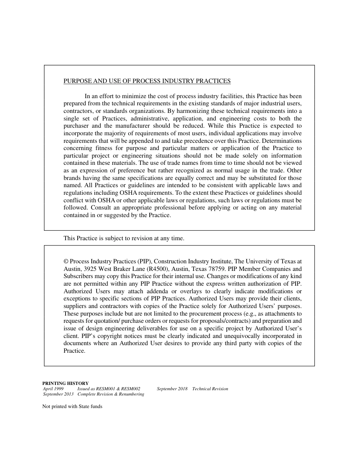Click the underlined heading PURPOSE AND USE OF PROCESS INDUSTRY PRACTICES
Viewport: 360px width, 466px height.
click(x=147, y=81)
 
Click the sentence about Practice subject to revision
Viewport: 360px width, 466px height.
click(x=124, y=238)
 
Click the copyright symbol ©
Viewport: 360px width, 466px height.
click(x=66, y=261)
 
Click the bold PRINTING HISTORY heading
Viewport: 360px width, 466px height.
click(x=65, y=383)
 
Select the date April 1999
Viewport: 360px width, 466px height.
click(x=53, y=389)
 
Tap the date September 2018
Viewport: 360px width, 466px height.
click(x=172, y=389)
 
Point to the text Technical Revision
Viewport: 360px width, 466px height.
click(x=210, y=389)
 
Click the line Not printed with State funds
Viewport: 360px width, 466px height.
click(x=72, y=407)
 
